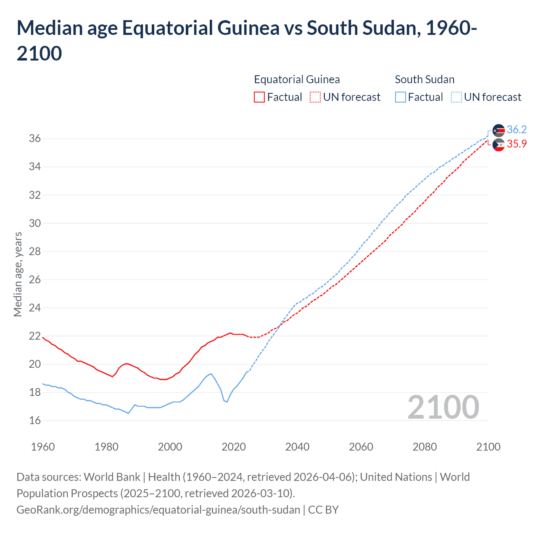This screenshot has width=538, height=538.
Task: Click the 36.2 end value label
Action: (517, 129)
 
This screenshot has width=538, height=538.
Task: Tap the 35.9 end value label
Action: (517, 144)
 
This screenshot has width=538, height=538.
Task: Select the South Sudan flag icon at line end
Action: (498, 131)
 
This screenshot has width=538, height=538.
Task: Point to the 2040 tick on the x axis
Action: (297, 447)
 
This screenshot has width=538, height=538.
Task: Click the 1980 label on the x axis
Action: (106, 447)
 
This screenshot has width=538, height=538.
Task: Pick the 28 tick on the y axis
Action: (35, 251)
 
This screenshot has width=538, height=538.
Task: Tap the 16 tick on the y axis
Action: (35, 420)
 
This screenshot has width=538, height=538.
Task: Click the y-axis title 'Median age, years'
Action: (18, 274)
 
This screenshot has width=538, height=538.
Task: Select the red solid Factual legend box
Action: (259, 97)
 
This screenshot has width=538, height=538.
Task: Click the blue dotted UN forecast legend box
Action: (456, 97)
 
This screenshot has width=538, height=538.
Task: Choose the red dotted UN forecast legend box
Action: (315, 97)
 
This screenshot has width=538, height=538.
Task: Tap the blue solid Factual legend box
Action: (401, 97)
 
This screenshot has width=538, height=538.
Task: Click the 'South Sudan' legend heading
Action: (425, 79)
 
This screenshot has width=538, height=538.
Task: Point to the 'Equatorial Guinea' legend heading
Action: (297, 79)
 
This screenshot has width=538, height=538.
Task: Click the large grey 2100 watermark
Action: (443, 407)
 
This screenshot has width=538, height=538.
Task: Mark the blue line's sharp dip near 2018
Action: (227, 402)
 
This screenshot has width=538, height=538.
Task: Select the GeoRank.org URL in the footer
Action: (158, 510)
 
